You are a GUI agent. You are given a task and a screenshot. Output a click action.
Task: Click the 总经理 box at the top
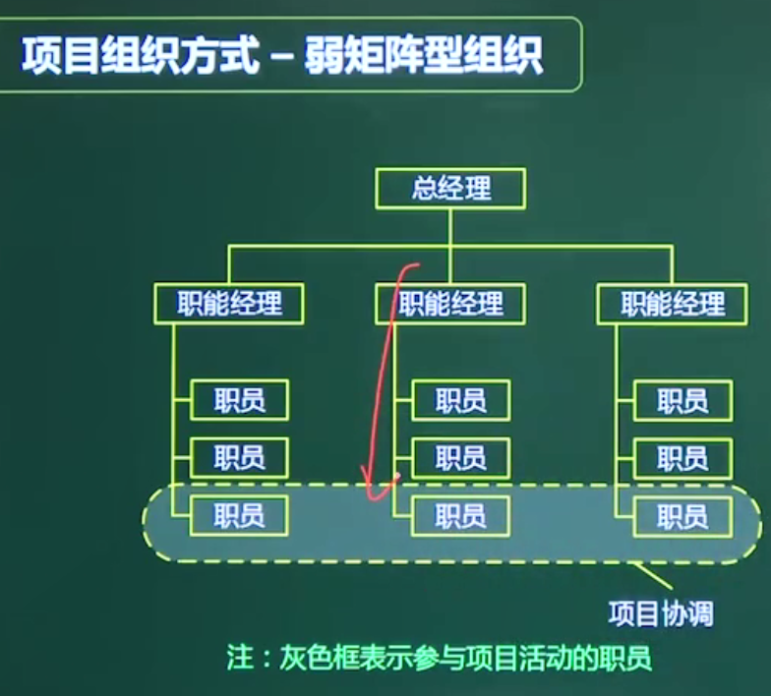[x=450, y=189]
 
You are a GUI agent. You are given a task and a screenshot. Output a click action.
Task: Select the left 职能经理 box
[x=228, y=303]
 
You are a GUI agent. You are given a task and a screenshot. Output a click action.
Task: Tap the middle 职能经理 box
[x=450, y=303]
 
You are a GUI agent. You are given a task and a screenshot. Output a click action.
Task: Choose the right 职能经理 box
[x=673, y=304]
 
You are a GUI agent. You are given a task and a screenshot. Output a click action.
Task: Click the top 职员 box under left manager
[x=240, y=399]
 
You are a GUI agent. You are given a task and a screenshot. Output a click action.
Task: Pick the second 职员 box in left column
[x=240, y=458]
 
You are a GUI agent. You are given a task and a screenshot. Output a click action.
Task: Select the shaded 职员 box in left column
[x=240, y=515]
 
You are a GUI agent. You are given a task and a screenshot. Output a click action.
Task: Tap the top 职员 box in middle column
[x=460, y=400]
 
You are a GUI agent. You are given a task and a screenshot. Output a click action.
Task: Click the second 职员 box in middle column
[x=460, y=458]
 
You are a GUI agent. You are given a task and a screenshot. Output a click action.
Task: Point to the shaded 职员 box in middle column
[x=460, y=515]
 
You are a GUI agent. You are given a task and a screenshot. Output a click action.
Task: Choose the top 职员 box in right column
[x=682, y=401]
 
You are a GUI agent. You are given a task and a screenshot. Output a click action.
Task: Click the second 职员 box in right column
[x=682, y=458]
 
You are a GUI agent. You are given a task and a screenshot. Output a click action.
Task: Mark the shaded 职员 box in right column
[x=682, y=516]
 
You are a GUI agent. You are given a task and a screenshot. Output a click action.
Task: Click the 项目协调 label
[x=661, y=613]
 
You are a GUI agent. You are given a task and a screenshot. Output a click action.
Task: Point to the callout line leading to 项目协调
[x=652, y=576]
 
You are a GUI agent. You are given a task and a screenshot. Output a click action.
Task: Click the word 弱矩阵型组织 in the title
[x=423, y=55]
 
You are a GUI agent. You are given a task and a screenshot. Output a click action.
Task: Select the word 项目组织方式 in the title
[x=140, y=55]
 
